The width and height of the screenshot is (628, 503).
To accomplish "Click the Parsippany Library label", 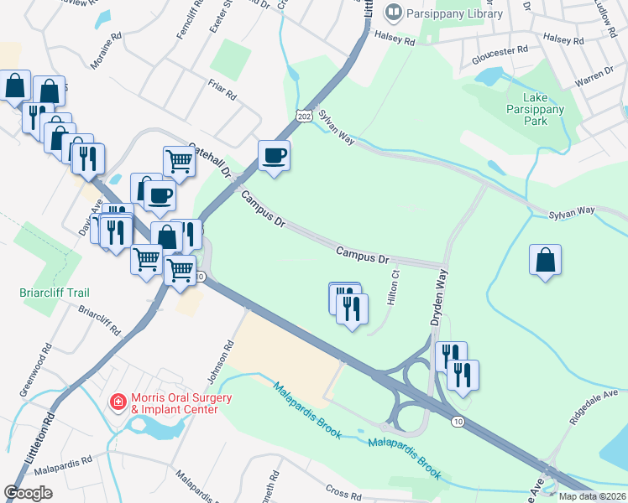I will pos(455,13).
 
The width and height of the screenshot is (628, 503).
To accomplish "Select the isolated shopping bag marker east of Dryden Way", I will pos(545,260).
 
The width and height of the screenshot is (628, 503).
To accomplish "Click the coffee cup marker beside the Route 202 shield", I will pos(274,155).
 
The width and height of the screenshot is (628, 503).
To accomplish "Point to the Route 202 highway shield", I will pos(303,111).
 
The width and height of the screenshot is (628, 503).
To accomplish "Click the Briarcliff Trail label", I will pos(55,293).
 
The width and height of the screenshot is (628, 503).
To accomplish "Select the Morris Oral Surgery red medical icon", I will pos(118,402).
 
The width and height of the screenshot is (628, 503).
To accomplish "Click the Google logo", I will pos(29,493).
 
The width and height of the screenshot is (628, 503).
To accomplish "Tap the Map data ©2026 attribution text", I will pos(591,496).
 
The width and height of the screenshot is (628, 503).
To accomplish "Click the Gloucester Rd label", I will pos(499,49).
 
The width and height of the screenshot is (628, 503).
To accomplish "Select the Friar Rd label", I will pos(222,88).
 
